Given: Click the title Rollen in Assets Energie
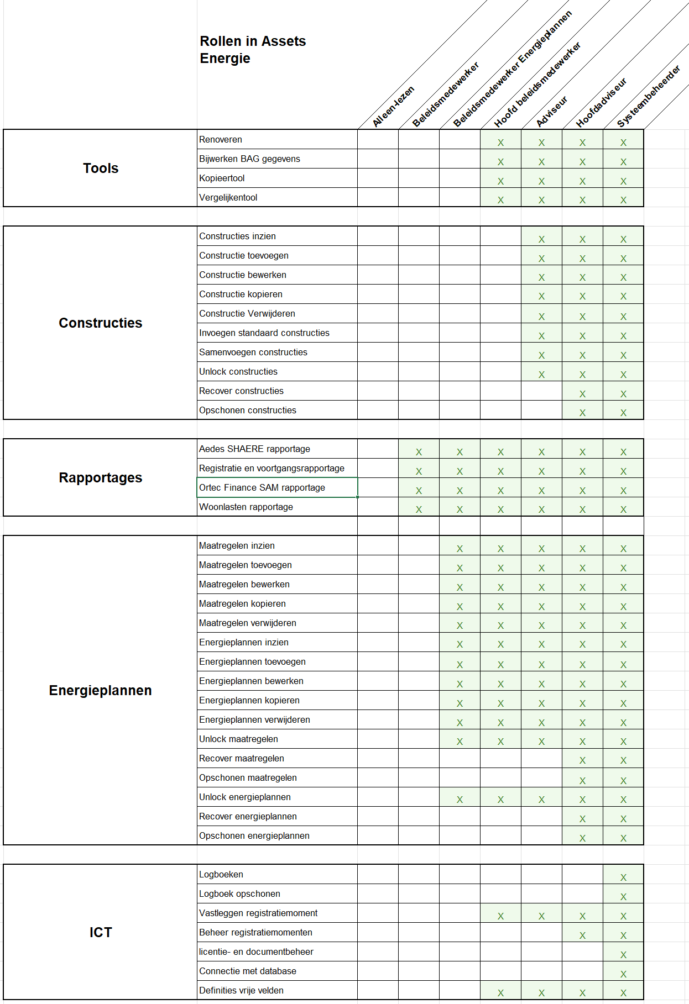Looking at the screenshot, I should [253, 50].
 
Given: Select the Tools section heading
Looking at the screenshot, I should [101, 168].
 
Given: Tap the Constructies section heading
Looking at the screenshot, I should [101, 323].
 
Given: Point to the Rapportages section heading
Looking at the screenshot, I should [101, 477].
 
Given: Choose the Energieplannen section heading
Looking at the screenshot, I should [101, 690].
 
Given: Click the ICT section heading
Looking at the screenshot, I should [101, 932].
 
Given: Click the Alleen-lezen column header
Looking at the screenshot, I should [393, 107].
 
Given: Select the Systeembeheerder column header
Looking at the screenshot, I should [648, 96].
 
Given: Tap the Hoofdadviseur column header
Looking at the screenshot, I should [601, 103].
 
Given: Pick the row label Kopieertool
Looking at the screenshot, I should [222, 178].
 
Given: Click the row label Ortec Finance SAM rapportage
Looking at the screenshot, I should [262, 487].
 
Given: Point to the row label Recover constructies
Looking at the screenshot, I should [241, 391].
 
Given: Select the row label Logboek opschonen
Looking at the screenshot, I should [239, 893].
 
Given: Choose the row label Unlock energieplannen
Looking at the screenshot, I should [245, 797].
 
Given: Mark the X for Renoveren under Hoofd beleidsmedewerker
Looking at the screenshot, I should [500, 143].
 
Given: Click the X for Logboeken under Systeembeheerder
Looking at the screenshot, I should [623, 877].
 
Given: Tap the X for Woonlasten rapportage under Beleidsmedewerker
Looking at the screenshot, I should [419, 509].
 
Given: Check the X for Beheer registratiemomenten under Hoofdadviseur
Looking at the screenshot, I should [582, 935].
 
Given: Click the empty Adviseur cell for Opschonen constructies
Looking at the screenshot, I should [541, 410].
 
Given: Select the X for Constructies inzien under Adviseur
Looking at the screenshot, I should [541, 239].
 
